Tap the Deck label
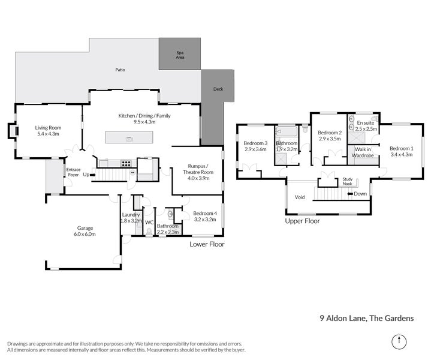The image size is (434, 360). pos(218,89)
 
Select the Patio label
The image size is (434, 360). pos(120,70)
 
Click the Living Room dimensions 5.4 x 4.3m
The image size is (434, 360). pos(49,134)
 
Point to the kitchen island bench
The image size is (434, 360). pos(129,137)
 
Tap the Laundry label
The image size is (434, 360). pos(131,215)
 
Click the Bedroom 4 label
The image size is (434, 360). pos(205,214)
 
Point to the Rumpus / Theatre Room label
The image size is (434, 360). pos(197,169)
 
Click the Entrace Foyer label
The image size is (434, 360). pos(73,172)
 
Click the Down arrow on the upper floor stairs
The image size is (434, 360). pos(359,194)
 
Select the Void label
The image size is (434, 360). pos(300,197)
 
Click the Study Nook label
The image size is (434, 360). pos(348,181)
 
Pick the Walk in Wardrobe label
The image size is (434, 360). pos(363,152)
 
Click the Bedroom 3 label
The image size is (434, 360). pos(255,143)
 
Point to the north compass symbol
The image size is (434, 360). pos(397,342)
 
